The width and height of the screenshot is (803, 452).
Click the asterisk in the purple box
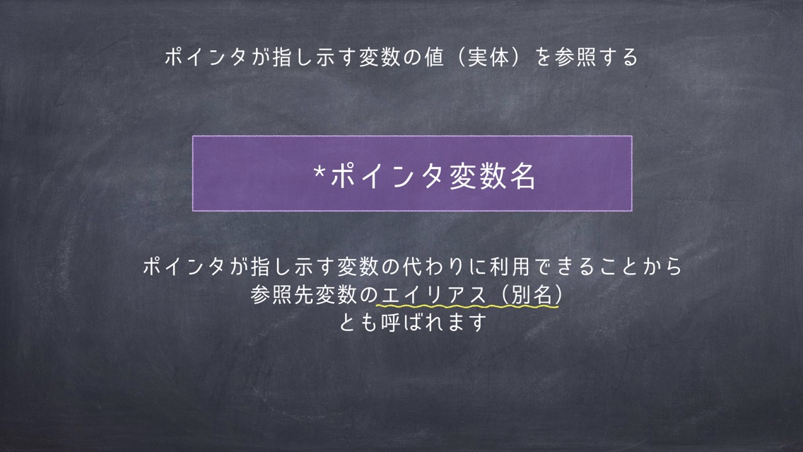(x=320, y=171)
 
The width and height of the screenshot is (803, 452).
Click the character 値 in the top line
(x=434, y=57)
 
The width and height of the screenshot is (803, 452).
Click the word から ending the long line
(x=661, y=267)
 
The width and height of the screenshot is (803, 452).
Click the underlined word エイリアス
(x=433, y=295)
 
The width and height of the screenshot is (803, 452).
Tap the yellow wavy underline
(x=467, y=306)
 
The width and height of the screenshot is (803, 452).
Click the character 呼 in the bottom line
(x=391, y=323)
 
